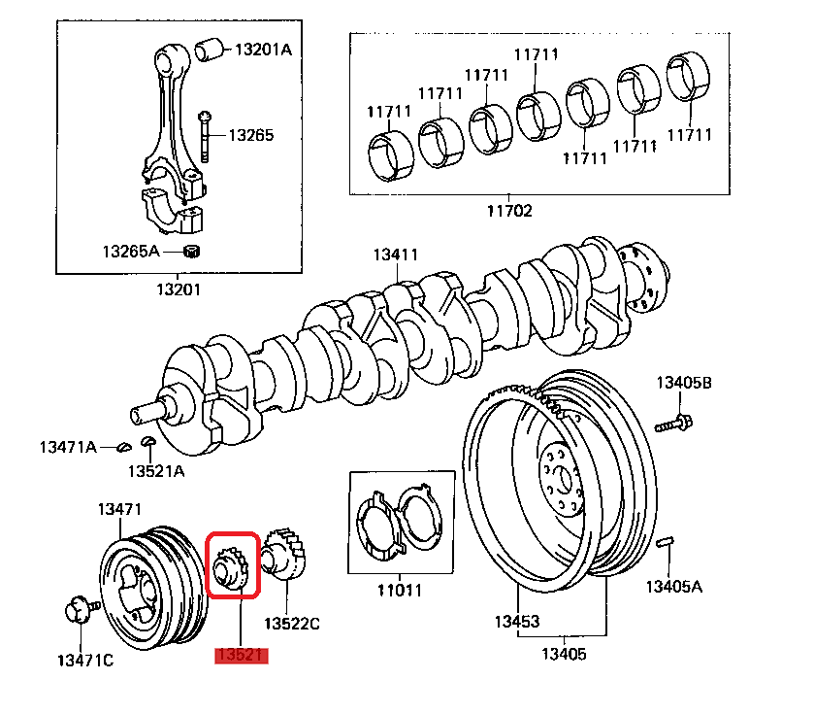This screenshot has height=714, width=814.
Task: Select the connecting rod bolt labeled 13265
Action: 206,136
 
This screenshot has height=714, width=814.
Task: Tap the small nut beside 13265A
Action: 191,253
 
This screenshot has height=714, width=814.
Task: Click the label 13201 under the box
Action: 178,289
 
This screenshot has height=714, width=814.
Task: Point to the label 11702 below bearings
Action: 510,209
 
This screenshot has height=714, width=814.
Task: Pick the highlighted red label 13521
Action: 240,656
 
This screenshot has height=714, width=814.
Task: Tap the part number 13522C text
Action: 292,623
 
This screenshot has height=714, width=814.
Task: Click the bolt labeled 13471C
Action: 78,611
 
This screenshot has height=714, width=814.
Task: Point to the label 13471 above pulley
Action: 119,508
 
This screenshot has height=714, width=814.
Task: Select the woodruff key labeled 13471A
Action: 123,447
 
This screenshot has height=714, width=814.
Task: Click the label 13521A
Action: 155,471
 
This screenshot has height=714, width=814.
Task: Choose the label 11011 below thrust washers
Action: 400,590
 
